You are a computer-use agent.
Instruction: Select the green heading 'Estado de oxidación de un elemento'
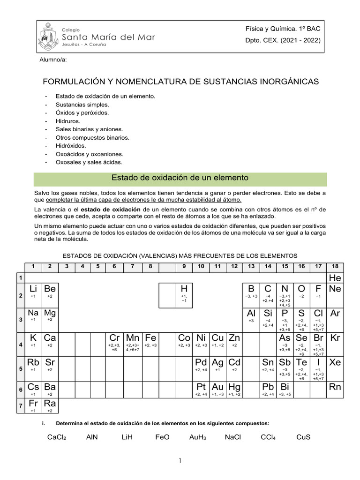point(180,178)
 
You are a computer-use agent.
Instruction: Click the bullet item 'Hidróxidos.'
point(71,146)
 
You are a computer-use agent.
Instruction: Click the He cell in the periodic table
point(335,278)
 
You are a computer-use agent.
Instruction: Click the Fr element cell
point(33,406)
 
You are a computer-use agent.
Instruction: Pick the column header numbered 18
point(335,267)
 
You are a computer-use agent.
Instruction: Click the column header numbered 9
point(184,267)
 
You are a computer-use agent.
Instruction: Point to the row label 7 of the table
point(20,406)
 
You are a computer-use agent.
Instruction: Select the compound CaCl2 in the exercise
point(57,437)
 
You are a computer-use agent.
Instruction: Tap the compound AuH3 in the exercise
point(198,437)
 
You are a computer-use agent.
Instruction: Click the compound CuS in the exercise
point(303,437)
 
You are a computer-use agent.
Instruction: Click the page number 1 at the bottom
point(180,462)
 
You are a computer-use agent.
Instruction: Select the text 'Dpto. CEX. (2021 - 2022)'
point(283,40)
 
